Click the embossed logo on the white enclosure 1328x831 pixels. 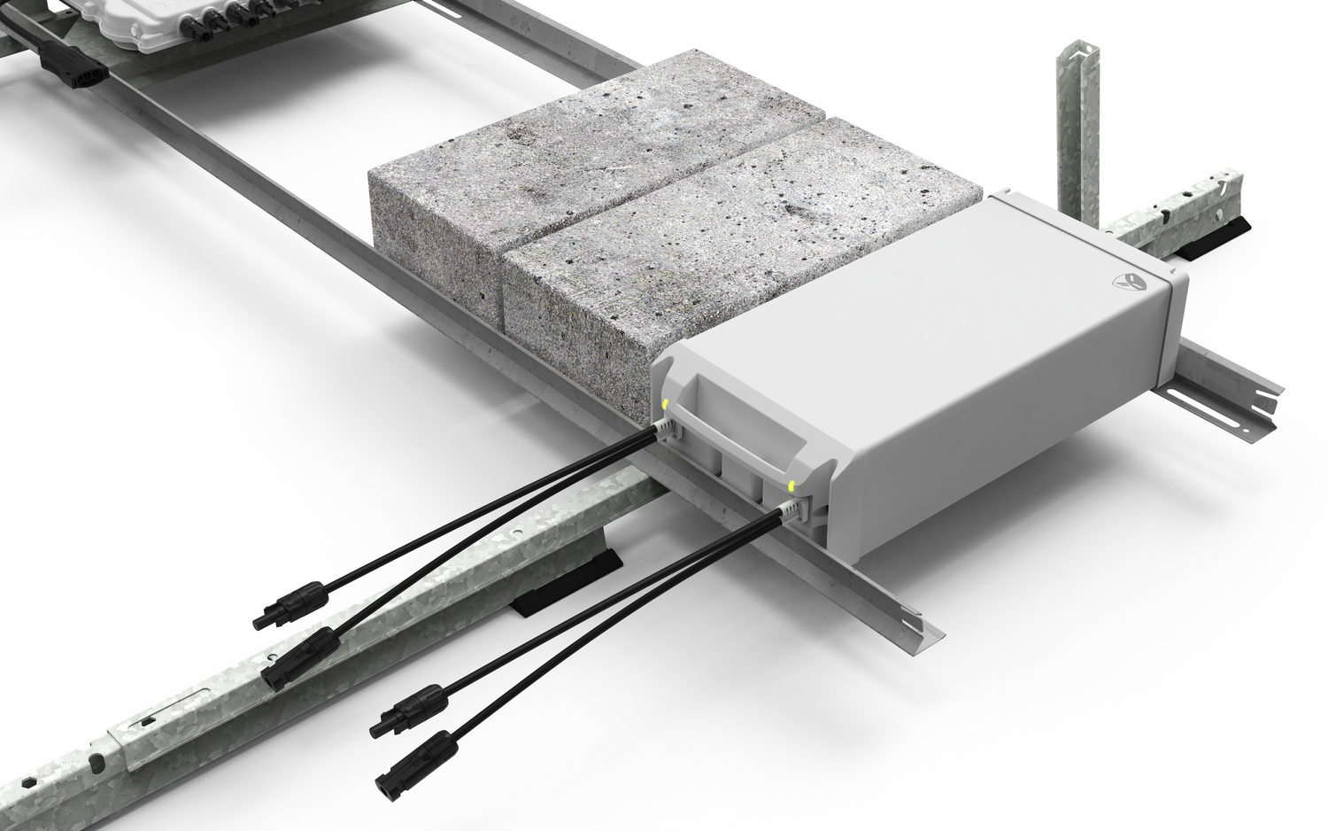(1127, 281)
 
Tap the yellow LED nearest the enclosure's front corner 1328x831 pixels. (791, 486)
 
